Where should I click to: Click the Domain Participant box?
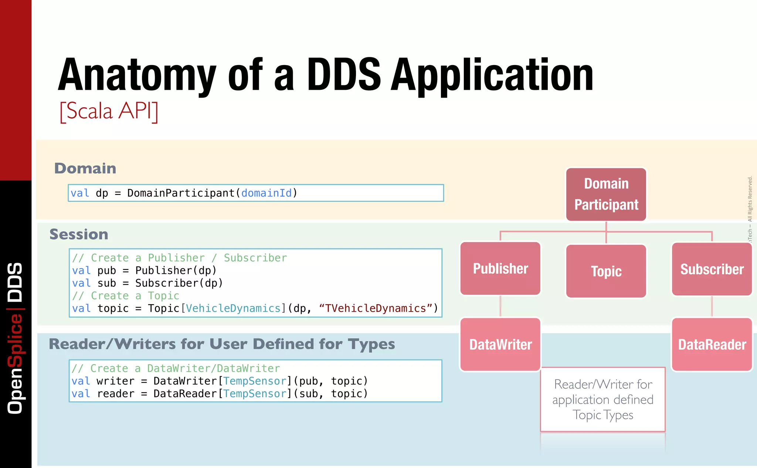(606, 194)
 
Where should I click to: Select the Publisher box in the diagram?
(500, 269)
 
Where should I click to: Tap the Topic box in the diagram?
(606, 271)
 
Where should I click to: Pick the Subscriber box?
(712, 269)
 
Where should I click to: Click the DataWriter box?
(500, 345)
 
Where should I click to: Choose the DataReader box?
(712, 345)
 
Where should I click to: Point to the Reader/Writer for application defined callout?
(603, 400)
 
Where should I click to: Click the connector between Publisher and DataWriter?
(500, 306)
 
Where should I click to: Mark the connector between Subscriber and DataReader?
(712, 306)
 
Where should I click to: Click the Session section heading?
(79, 234)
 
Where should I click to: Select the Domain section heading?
(85, 168)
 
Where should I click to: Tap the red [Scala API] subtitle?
(109, 111)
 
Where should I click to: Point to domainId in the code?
(266, 193)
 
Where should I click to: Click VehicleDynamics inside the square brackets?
(233, 308)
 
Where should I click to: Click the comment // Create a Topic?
(126, 296)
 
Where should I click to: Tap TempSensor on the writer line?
(255, 381)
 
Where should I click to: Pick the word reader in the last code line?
(115, 394)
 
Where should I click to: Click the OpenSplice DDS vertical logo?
(16, 338)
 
